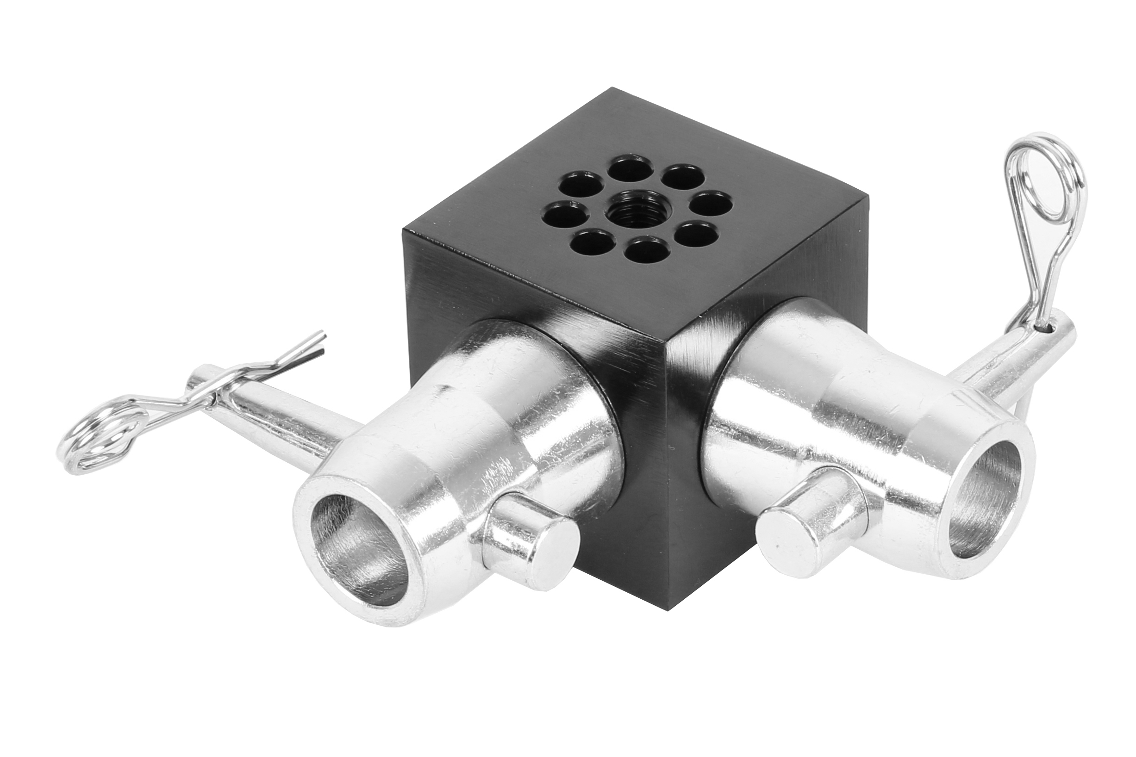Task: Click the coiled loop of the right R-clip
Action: click(1049, 176)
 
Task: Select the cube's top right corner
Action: click(867, 197)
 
